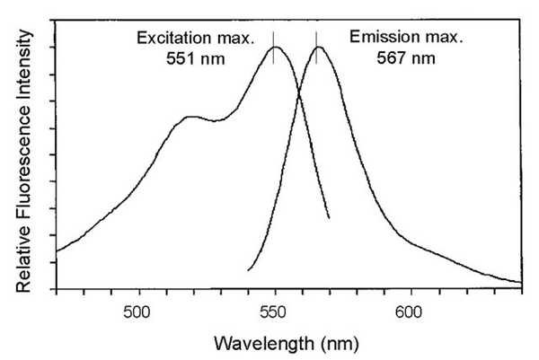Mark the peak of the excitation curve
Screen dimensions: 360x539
click(x=275, y=47)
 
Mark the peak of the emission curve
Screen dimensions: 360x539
click(x=317, y=47)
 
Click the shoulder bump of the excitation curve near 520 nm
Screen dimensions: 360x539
click(x=190, y=117)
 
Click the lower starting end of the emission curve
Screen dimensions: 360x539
click(x=248, y=269)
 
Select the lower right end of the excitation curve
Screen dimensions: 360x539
click(x=330, y=218)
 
